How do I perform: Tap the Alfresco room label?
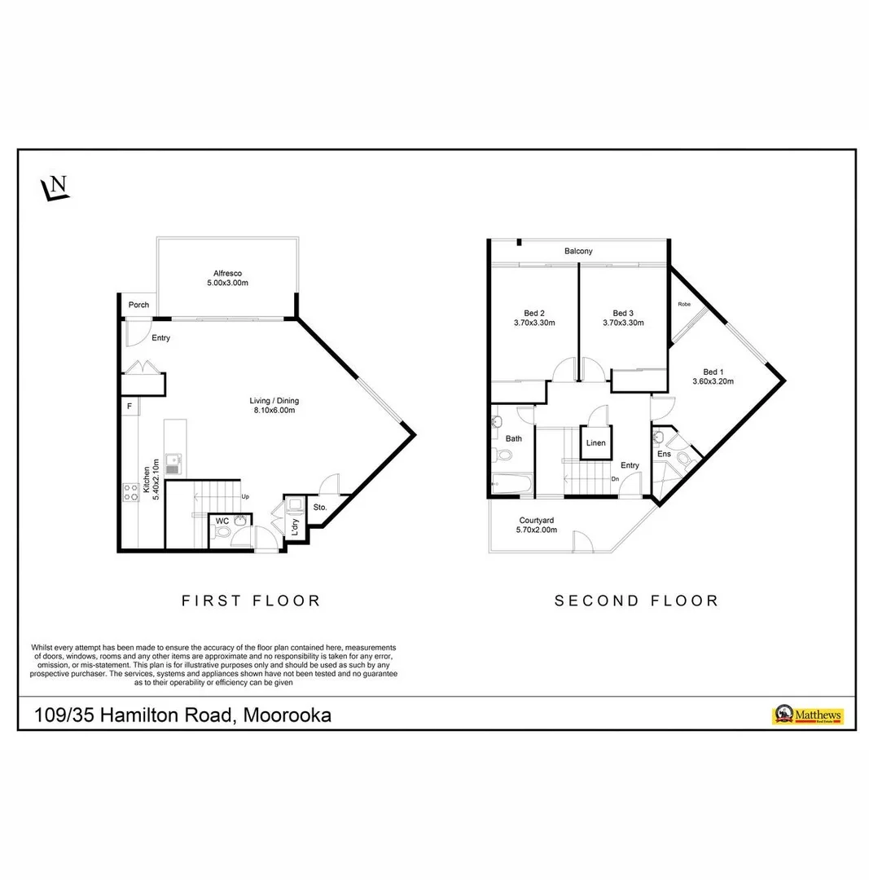pos(227,273)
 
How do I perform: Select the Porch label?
pos(138,306)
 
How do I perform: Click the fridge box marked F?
pos(129,405)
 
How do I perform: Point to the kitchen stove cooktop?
pos(130,491)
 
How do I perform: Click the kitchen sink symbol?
pos(172,464)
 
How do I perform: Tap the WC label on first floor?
pos(222,521)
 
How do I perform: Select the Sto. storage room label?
pos(319,508)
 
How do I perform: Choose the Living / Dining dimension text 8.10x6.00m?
pos(272,411)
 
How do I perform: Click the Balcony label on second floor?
pos(578,251)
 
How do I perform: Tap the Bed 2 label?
pos(533,313)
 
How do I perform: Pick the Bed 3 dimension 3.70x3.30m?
pos(623,323)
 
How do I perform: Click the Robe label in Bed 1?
pos(684,304)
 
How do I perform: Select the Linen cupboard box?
pos(595,443)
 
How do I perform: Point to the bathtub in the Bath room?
pos(511,484)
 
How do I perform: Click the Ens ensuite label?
pos(664,454)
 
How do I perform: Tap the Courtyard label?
pos(537,520)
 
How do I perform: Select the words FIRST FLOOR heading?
pos(251,601)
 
